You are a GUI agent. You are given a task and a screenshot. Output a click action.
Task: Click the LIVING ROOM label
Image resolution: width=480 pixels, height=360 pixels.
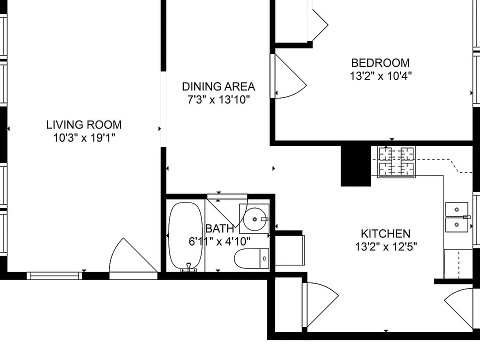click(84, 125)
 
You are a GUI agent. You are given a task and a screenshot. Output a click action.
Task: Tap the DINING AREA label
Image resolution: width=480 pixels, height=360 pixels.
click(218, 86)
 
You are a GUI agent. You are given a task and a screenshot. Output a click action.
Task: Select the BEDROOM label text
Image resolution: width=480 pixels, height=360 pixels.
click(380, 63)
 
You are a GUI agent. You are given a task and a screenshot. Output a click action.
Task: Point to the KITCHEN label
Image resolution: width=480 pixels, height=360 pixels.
click(385, 234)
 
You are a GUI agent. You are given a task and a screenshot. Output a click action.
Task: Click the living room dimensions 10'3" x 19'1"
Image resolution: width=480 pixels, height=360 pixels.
click(84, 138)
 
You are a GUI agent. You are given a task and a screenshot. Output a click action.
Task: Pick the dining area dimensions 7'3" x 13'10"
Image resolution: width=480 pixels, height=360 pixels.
click(218, 100)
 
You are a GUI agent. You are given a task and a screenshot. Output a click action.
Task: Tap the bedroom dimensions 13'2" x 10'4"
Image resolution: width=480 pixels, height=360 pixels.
click(380, 76)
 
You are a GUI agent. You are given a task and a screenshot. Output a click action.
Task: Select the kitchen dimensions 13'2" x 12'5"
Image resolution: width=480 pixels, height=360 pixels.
click(385, 246)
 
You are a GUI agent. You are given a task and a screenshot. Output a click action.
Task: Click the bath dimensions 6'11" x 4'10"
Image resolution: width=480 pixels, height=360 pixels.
click(219, 241)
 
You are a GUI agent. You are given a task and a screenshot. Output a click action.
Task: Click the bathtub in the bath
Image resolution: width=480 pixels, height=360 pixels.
click(185, 235)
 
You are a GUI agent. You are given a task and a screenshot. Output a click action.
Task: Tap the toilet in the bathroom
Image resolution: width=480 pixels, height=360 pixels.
click(251, 258)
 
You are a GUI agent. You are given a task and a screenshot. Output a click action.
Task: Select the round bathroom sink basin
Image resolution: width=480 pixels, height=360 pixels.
click(254, 219)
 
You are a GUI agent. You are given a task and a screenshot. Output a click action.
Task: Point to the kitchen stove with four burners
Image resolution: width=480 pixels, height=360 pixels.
click(396, 161)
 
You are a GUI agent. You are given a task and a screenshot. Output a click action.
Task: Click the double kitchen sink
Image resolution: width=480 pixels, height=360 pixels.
click(456, 217)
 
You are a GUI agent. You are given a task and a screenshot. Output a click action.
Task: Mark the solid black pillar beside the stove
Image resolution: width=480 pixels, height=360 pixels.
click(355, 165)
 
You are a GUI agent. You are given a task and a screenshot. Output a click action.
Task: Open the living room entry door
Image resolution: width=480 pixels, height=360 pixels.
click(133, 258)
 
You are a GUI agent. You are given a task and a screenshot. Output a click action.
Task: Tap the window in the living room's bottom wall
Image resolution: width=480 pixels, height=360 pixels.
click(54, 276)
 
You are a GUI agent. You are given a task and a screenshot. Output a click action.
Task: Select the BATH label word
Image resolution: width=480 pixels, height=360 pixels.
click(220, 228)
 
